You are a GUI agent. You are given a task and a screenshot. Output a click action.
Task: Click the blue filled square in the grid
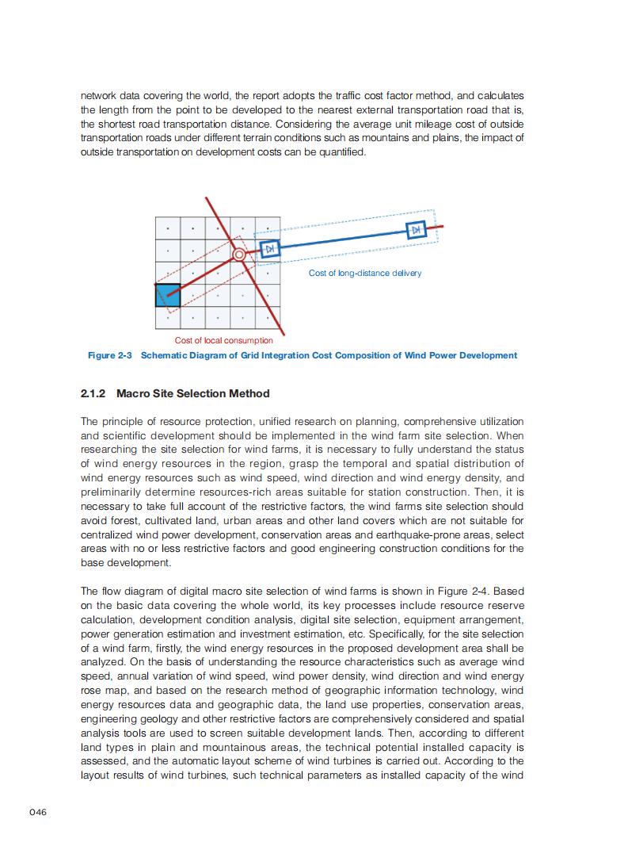tap(168, 294)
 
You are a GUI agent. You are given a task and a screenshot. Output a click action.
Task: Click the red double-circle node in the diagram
tap(239, 255)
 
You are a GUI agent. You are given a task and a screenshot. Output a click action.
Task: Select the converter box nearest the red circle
tap(269, 249)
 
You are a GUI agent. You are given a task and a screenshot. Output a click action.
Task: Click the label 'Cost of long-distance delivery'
tap(364, 273)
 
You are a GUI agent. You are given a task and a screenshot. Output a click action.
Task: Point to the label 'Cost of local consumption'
tap(223, 340)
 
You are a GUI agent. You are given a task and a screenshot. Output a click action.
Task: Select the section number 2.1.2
tap(95, 393)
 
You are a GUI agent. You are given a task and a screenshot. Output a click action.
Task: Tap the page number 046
tap(38, 812)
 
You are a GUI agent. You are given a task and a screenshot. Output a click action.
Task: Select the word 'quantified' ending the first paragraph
tap(341, 152)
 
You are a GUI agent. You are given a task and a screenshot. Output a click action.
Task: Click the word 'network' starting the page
tap(99, 95)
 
